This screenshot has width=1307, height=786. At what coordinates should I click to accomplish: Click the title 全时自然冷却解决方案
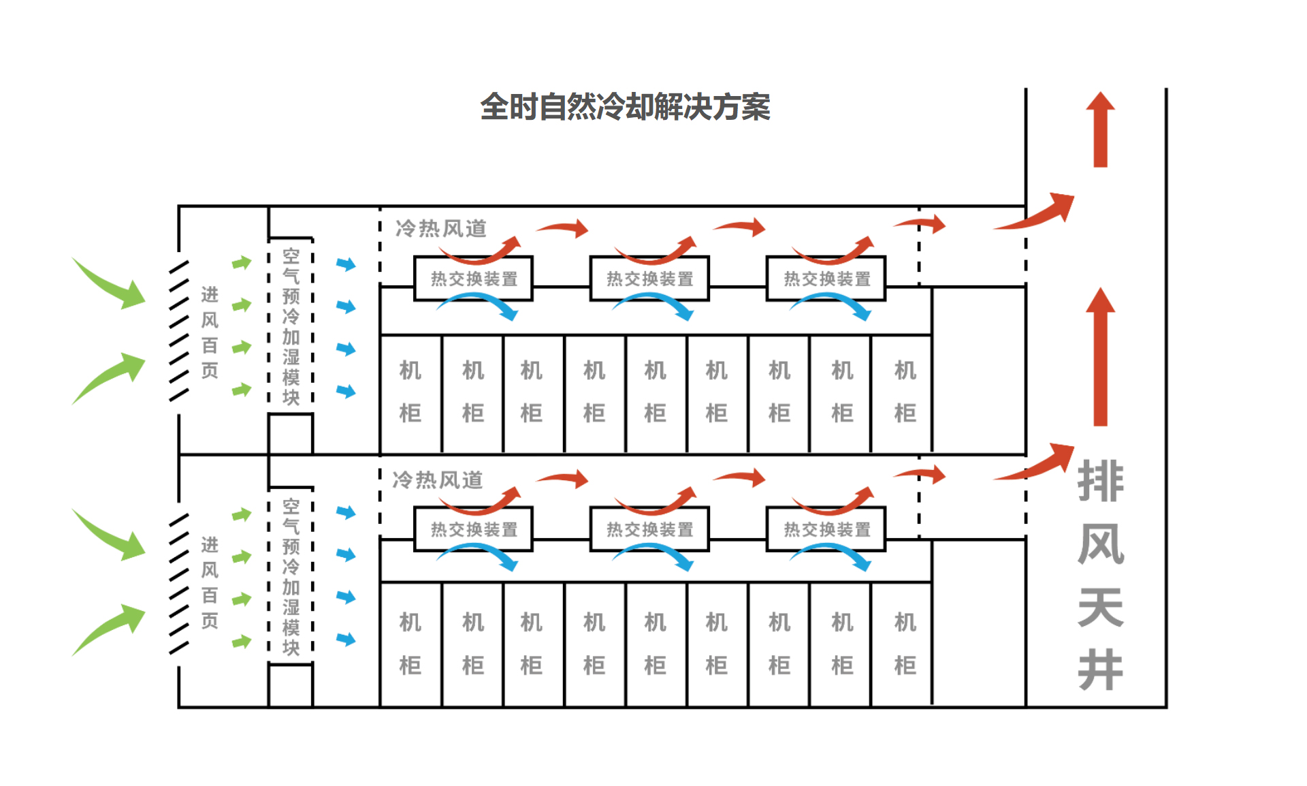click(625, 107)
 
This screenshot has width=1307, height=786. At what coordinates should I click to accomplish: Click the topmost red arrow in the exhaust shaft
click(1100, 129)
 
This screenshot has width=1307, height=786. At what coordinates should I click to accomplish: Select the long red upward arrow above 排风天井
click(1100, 357)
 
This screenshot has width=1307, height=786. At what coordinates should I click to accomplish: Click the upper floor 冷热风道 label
click(441, 228)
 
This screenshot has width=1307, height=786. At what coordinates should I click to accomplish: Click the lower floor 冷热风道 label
click(438, 480)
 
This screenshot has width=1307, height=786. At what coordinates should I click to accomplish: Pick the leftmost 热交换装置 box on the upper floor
click(474, 279)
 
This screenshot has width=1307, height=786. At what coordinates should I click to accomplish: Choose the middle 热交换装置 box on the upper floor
click(649, 279)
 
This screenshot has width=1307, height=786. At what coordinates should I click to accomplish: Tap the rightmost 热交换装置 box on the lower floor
click(826, 529)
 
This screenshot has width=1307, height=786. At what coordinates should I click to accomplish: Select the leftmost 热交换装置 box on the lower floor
click(474, 529)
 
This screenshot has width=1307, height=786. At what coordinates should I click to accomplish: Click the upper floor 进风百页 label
click(210, 332)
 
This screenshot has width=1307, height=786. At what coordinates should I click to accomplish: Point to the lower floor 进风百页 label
click(210, 582)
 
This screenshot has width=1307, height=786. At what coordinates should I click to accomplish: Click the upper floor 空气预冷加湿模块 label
click(291, 326)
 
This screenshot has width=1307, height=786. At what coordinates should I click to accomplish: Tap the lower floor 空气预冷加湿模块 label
click(291, 577)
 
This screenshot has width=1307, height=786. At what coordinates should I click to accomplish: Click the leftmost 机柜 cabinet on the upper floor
click(410, 393)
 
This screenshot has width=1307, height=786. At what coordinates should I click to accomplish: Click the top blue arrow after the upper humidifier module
click(346, 264)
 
